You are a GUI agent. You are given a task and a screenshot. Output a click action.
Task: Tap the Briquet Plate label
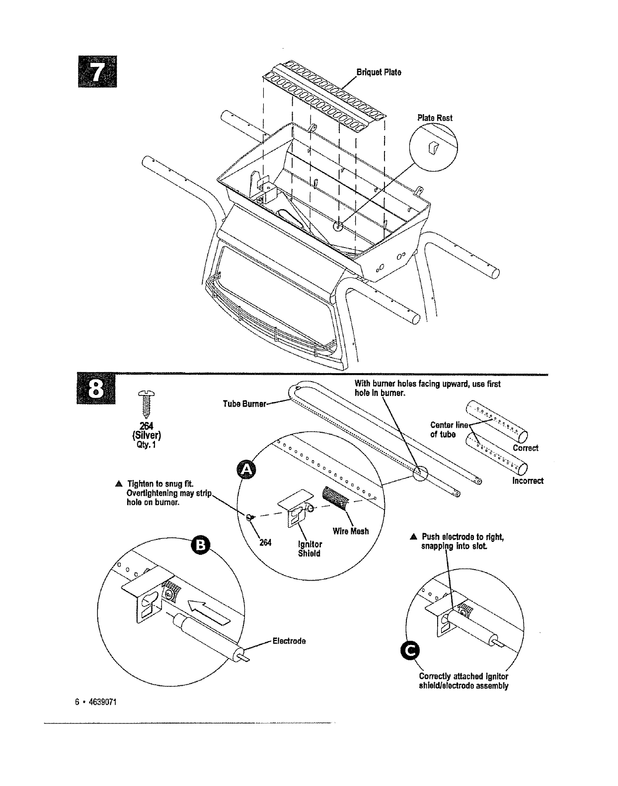[x=379, y=72]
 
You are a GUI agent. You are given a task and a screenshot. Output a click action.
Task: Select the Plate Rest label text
[x=435, y=118]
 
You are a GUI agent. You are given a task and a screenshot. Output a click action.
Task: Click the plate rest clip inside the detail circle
[x=432, y=147]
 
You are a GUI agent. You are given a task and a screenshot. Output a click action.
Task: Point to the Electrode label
[x=289, y=641]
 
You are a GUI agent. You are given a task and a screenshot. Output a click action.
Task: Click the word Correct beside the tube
[x=526, y=448]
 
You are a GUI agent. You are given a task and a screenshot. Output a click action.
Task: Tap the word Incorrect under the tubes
[x=528, y=480]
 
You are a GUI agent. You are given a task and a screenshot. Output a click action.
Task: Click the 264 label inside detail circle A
[x=265, y=543]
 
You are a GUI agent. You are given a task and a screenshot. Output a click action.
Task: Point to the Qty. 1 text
[x=148, y=445]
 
